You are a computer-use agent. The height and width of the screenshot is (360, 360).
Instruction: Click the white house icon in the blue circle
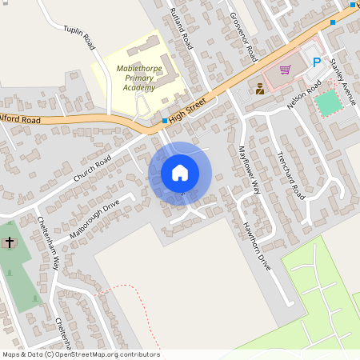point(180,173)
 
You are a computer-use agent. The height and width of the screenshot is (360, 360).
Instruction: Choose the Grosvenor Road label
point(242,36)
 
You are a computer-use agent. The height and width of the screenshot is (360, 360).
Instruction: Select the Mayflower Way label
point(250,170)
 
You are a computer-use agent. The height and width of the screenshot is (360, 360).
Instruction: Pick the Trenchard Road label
point(291,175)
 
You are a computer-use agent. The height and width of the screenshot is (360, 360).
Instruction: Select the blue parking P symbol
point(317,62)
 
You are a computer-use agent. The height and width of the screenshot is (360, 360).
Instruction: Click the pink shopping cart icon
point(285,69)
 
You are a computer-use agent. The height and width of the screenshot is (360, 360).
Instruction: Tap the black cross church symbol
point(10,242)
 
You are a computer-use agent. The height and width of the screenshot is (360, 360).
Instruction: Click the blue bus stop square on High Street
point(165,121)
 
